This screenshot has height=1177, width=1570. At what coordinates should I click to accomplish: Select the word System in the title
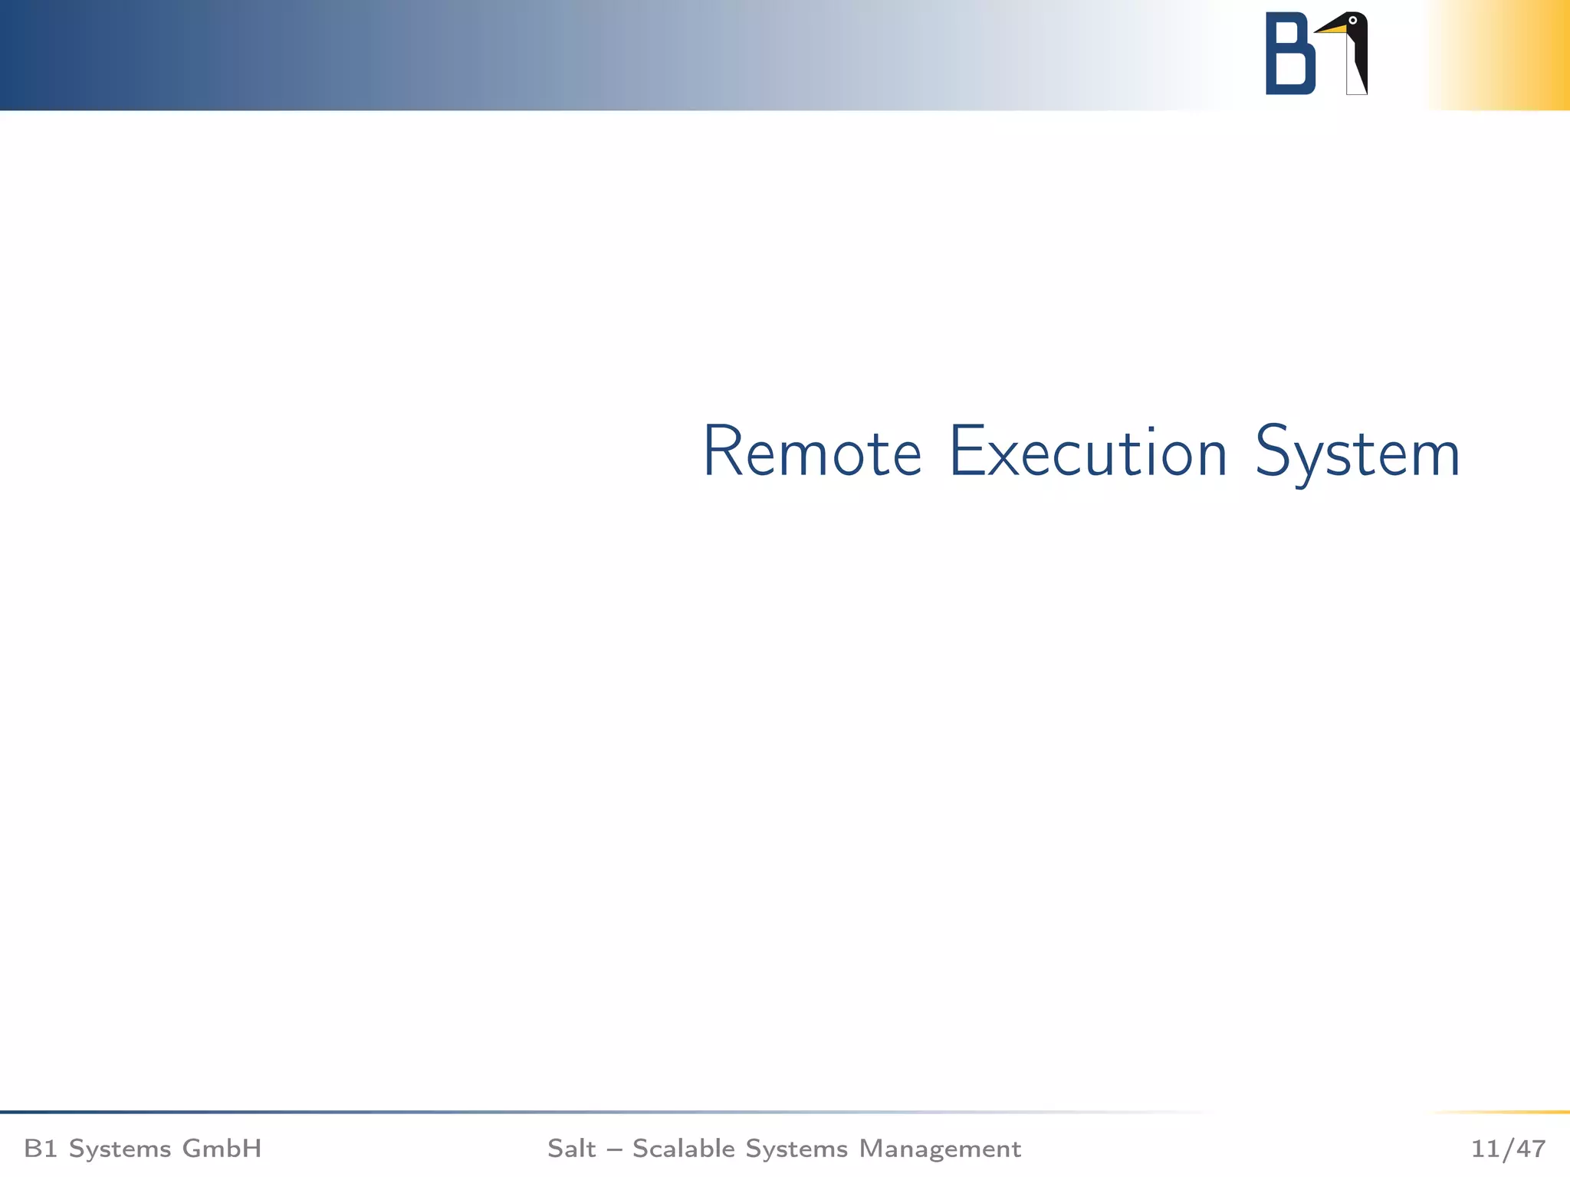(1357, 454)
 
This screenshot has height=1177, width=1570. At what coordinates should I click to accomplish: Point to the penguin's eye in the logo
(1353, 20)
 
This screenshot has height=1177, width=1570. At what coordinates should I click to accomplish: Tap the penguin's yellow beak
(1332, 29)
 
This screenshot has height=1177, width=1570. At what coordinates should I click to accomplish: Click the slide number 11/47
(1508, 1149)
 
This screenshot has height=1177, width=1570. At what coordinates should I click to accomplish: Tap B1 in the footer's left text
(40, 1149)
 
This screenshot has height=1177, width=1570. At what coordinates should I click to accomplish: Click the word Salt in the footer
(571, 1149)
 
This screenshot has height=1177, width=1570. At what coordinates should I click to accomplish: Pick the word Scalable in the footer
(684, 1149)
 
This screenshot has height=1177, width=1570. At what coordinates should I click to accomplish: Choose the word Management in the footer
(940, 1149)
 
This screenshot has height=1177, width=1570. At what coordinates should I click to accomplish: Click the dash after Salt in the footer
(614, 1149)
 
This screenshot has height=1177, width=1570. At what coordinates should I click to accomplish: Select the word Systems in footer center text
(796, 1149)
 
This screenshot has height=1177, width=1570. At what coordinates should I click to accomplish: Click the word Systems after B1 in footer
(120, 1149)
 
